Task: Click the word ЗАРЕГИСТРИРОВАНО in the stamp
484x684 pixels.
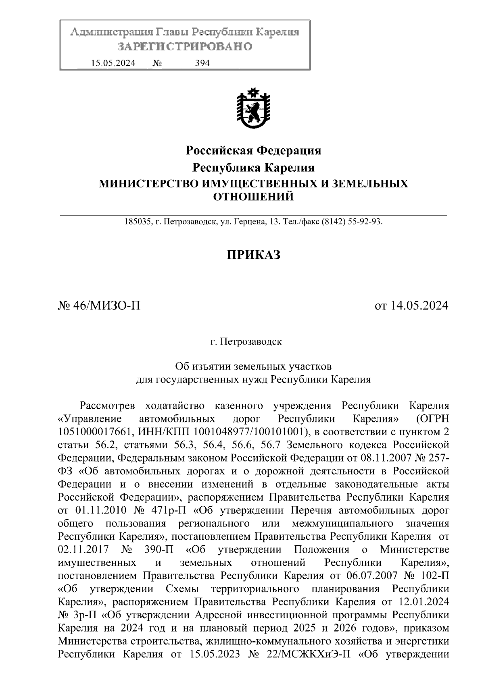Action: coord(185,46)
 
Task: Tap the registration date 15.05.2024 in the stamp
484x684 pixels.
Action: coord(113,63)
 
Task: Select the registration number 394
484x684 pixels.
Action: coord(202,63)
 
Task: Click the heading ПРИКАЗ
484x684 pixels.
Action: coord(253,255)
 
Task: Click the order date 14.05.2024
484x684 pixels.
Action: coord(418,306)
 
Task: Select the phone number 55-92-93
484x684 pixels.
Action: coord(365,222)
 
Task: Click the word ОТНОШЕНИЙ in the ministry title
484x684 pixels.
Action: coord(253,197)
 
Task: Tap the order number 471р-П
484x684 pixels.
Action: coord(167,511)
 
